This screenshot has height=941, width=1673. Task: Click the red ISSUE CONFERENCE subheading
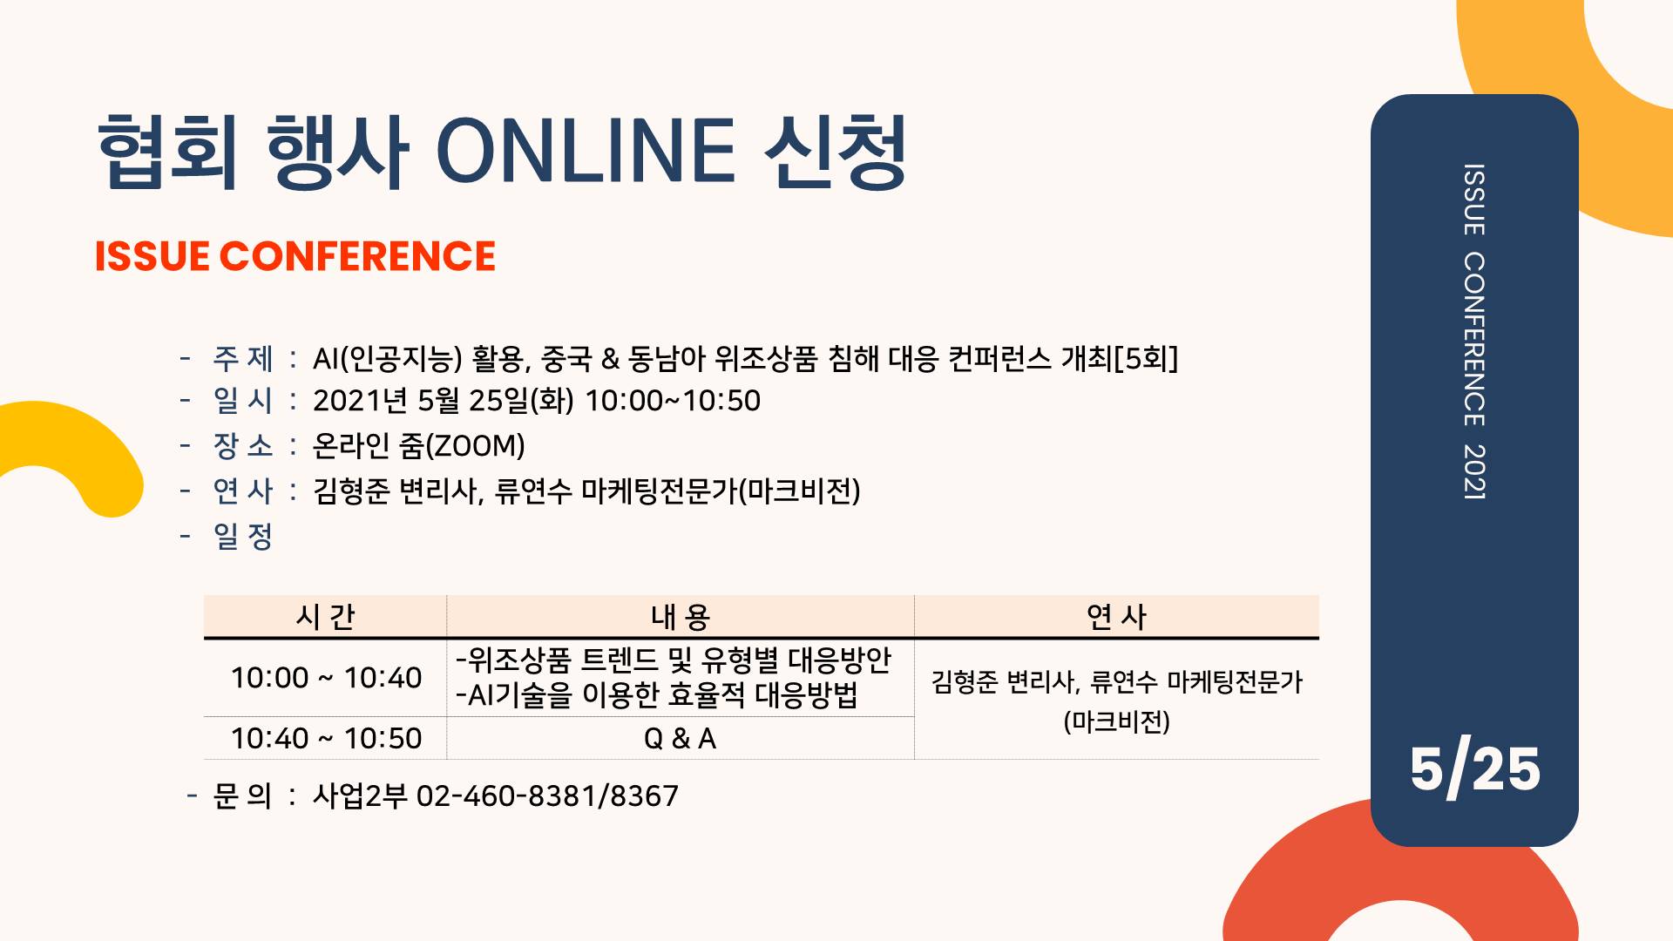295,256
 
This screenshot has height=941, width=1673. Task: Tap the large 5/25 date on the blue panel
1474,768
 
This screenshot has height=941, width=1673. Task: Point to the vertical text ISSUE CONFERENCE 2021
1474,331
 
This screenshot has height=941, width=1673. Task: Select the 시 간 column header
325,617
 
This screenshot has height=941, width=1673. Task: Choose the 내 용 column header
681,617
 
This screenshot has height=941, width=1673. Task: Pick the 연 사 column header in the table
1116,617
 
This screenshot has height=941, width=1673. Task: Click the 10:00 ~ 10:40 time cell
326,678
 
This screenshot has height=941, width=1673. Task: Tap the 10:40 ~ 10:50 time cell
326,739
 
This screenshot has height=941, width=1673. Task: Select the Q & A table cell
680,739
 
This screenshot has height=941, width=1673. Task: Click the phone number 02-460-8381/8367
547,795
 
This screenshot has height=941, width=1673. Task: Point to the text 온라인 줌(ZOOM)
418,446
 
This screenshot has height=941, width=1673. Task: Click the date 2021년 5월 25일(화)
444,401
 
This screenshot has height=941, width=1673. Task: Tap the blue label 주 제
243,358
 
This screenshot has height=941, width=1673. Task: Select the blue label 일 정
243,536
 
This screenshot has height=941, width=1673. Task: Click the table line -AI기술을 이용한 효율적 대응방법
657,695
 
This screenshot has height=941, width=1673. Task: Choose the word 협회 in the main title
167,152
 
